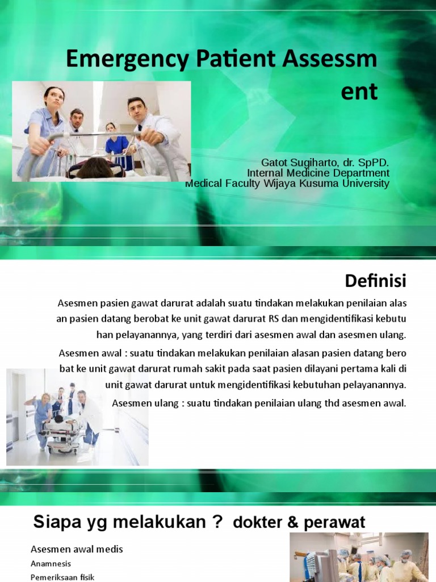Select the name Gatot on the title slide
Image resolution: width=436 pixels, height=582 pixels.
tap(275, 163)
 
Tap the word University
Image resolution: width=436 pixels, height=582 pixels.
tap(366, 184)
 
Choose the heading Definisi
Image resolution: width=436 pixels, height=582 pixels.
tap(376, 280)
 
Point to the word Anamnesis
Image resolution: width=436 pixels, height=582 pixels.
tap(51, 564)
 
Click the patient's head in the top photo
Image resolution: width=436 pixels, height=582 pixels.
tap(95, 168)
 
